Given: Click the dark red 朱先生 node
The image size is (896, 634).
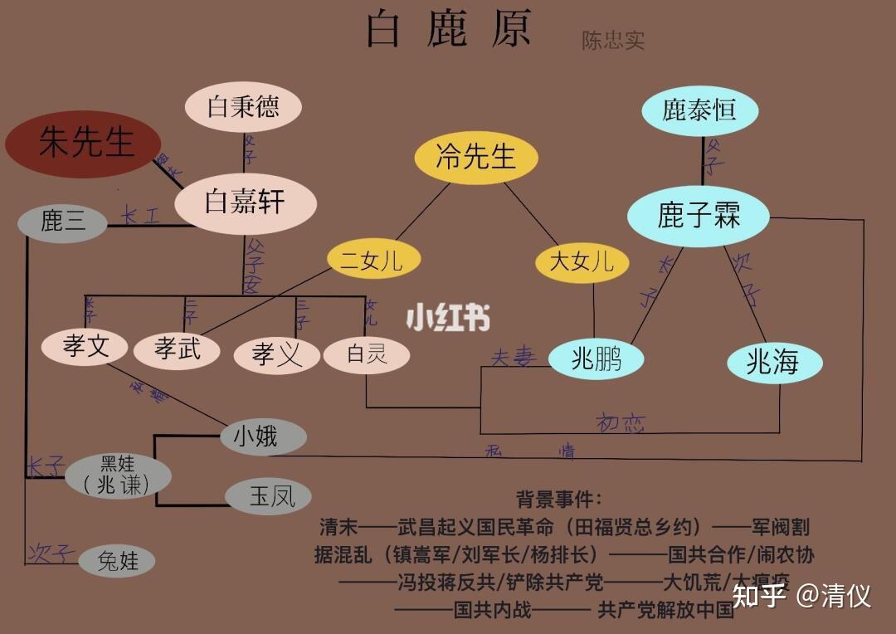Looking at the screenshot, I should [x=83, y=144].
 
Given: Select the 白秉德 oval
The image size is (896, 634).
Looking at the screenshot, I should [x=243, y=106].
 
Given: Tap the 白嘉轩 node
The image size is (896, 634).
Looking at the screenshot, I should [x=246, y=202].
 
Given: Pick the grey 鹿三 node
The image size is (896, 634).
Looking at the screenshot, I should [x=63, y=221].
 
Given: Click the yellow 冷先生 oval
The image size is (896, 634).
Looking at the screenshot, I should [x=476, y=157].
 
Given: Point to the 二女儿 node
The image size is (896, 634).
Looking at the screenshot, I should [x=373, y=261].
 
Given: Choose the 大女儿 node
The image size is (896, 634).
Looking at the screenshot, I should [x=582, y=262].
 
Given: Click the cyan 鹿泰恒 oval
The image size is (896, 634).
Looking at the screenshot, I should [x=699, y=110].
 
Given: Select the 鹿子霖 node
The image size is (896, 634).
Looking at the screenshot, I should [x=699, y=216].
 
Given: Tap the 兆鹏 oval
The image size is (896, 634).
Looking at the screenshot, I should [x=596, y=358].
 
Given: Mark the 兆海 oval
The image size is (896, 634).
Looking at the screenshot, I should [x=772, y=362].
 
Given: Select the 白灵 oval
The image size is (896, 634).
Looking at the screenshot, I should [x=367, y=355].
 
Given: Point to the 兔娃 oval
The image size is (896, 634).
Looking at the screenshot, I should [x=119, y=561].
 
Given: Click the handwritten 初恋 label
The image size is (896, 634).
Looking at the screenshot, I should [x=621, y=423].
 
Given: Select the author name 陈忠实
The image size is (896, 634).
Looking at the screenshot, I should [x=613, y=41].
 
